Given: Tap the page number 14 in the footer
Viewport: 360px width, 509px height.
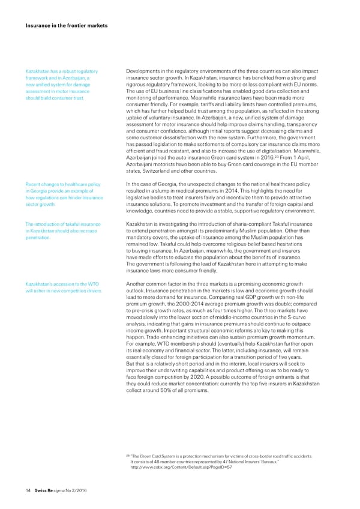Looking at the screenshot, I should pos(20,489).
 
